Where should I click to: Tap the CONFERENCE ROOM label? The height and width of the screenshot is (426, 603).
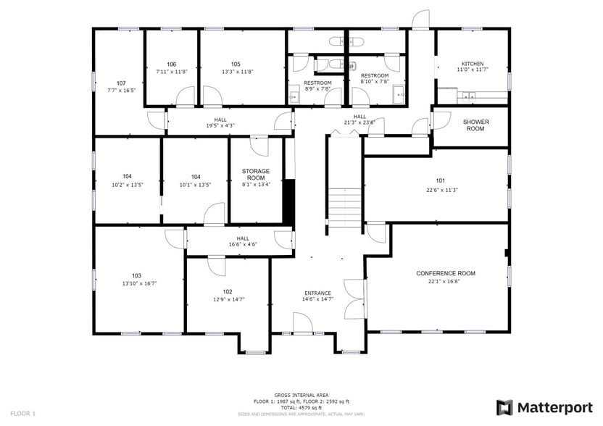pos(446,273)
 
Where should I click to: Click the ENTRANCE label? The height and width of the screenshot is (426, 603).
pos(317,293)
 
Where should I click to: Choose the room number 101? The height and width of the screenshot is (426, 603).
pos(440,180)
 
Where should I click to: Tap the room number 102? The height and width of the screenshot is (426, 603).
pos(228,291)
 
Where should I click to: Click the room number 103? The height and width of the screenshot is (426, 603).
pos(136,275)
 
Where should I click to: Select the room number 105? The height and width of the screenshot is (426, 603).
pos(236,64)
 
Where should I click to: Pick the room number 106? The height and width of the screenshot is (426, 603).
pos(172,64)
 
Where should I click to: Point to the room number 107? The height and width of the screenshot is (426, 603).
pos(121,83)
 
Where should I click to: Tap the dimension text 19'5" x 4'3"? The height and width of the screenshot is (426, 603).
pos(220,125)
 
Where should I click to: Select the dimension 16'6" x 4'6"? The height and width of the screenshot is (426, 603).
pos(242,245)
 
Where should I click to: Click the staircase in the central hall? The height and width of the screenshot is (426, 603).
pos(345,207)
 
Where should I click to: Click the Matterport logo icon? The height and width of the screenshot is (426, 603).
pos(504,407)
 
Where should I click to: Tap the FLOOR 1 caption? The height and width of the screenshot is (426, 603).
pos(23,413)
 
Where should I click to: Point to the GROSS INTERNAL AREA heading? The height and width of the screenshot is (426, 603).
pos(301,396)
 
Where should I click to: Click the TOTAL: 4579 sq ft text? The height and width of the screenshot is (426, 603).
pos(301,407)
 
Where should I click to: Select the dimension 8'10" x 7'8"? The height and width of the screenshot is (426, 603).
pos(375,82)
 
